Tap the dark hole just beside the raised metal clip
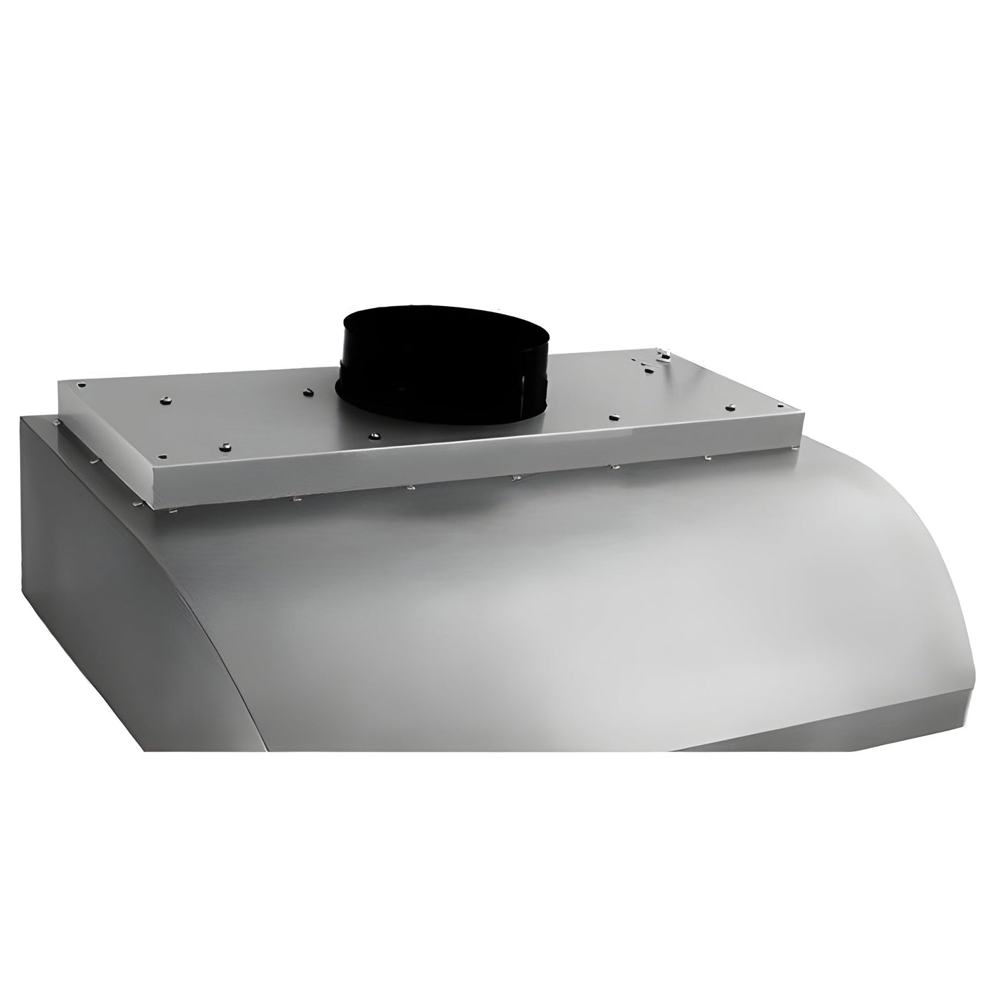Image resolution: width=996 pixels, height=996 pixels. [x=648, y=370]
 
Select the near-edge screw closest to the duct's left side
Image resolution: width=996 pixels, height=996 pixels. [x=374, y=436]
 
